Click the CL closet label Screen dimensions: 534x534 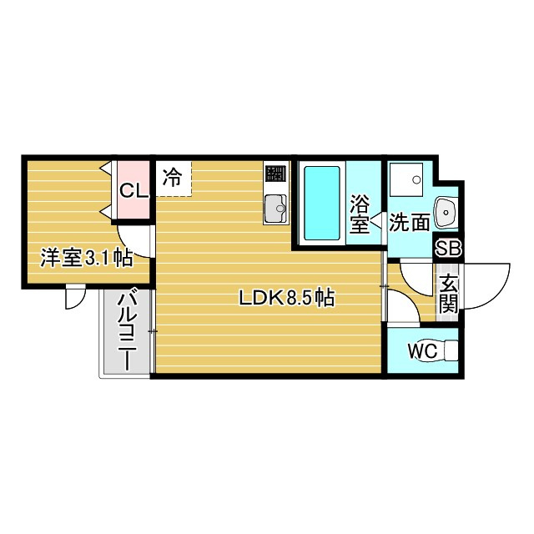tap(133, 190)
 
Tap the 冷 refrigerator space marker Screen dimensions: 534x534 tap(172, 177)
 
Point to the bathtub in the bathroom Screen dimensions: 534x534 tap(321, 202)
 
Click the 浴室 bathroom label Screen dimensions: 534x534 tap(360, 214)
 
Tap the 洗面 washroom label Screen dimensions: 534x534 tap(410, 222)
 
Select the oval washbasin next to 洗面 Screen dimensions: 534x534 tap(447, 213)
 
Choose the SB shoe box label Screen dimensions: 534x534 tap(449, 248)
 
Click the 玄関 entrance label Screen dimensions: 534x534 tap(449, 293)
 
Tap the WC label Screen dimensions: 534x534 tap(422, 351)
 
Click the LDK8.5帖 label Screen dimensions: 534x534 tap(287, 298)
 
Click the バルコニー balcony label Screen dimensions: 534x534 tap(128, 330)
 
